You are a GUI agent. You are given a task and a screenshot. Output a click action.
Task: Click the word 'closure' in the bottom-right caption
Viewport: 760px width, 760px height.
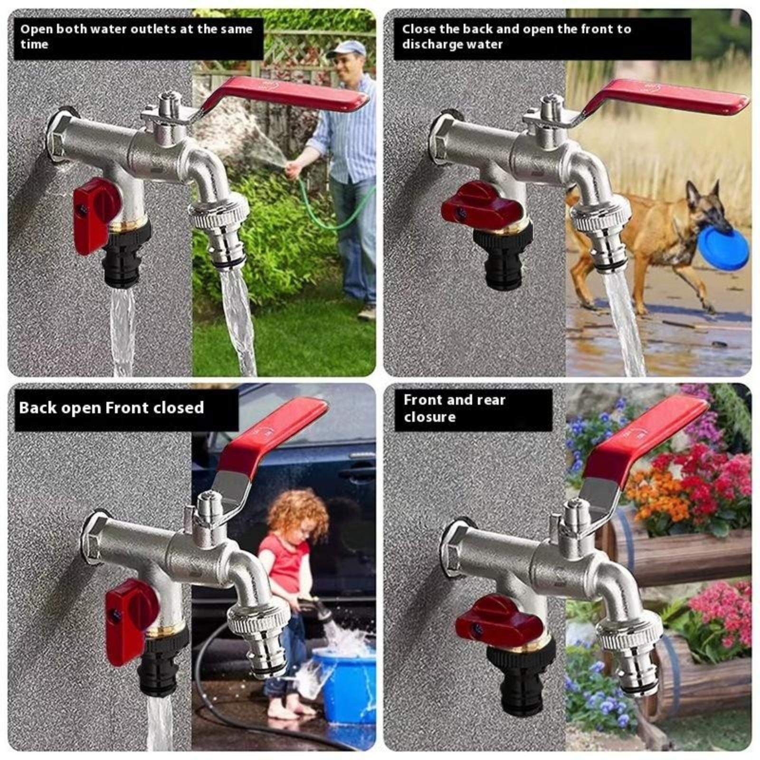[x=429, y=417]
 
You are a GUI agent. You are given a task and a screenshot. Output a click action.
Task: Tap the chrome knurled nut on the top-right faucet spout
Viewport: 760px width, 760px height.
[x=600, y=211]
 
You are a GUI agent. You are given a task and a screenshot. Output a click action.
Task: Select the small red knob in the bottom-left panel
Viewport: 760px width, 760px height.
[x=129, y=620]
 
